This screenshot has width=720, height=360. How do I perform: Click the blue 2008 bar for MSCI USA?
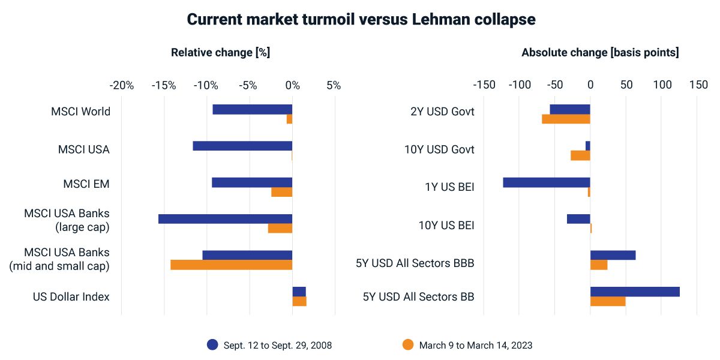point(242,146)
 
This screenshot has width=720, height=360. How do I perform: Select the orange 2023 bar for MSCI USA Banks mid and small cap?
point(231,265)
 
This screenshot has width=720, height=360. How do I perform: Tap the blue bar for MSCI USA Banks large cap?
point(225,219)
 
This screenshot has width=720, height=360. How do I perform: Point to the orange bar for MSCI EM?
point(281,192)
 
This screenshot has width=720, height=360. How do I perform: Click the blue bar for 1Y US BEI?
point(546,182)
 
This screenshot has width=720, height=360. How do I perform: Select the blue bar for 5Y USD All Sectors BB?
point(635,292)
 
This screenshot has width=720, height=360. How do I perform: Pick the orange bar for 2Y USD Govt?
point(566,119)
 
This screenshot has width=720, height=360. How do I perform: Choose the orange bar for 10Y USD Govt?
point(580,155)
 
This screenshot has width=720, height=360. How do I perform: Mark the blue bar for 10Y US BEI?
point(578,219)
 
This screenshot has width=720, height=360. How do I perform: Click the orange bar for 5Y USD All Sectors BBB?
point(599,265)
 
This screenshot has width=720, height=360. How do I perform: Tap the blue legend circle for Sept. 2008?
point(212,344)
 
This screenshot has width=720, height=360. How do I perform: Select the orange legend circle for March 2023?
point(408,344)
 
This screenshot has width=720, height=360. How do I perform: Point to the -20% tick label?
point(122,85)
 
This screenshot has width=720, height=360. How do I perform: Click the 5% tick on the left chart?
point(334,85)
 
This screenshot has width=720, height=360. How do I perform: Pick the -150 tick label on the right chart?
point(484,85)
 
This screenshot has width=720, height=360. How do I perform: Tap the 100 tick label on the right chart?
point(662,85)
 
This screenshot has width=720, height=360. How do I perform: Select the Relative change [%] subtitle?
point(220,52)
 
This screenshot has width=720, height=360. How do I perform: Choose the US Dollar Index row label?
point(71,296)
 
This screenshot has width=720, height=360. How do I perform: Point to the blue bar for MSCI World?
point(252,109)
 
